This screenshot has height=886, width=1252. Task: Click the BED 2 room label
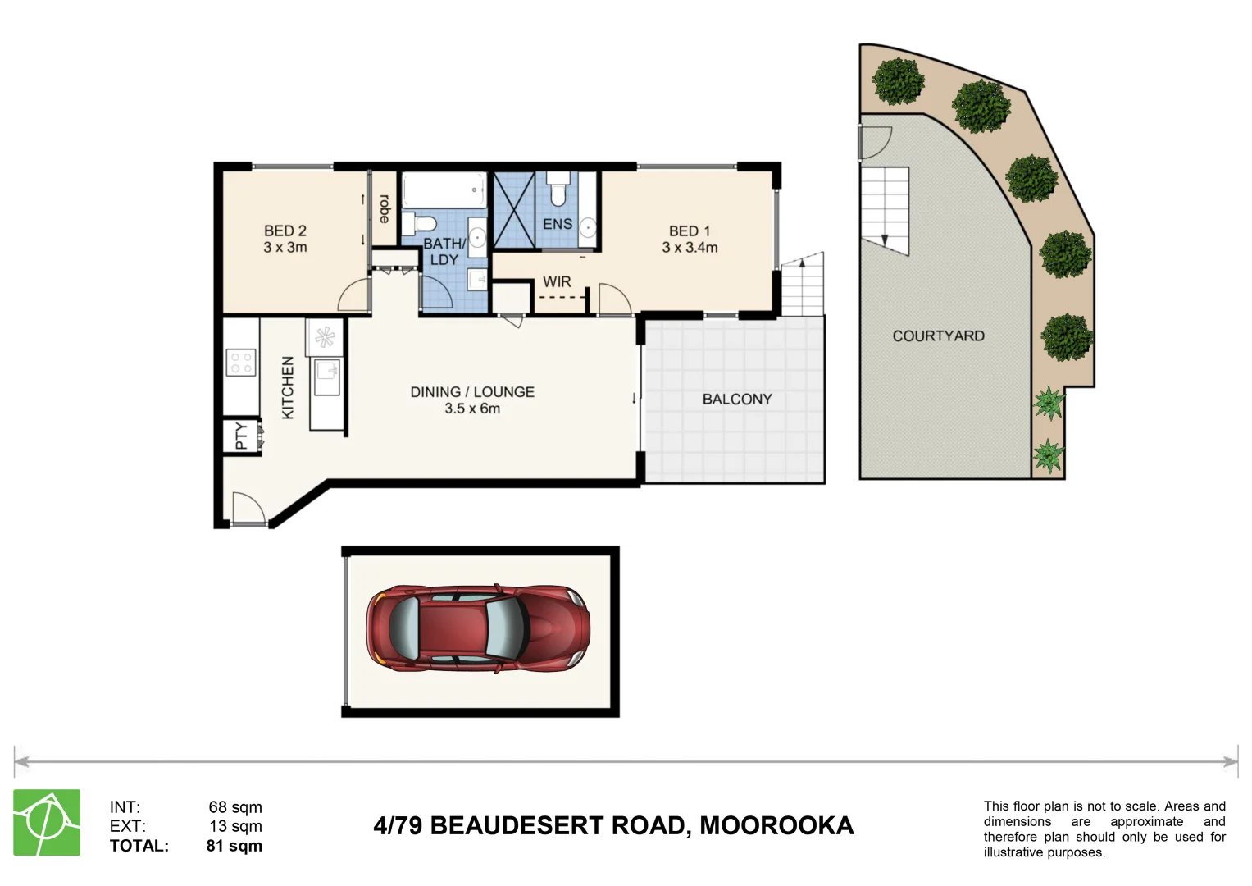(285, 231)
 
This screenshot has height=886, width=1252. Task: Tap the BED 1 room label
(690, 231)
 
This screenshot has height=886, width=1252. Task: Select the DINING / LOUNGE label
(472, 392)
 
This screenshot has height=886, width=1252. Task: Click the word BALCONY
(737, 400)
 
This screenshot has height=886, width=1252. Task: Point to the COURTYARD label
(938, 336)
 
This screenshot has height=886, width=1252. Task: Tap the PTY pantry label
(241, 436)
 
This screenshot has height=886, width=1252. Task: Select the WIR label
(557, 282)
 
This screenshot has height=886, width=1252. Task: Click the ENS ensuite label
(558, 224)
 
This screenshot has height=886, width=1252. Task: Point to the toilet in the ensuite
(558, 189)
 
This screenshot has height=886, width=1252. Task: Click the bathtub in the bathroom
(444, 191)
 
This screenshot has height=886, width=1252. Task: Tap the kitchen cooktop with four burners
(241, 363)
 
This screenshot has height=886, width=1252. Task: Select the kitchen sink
(326, 377)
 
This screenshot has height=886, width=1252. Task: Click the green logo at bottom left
(47, 823)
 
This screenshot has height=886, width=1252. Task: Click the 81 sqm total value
(234, 846)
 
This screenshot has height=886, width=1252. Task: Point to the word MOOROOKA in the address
(776, 825)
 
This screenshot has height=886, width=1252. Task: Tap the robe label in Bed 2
(384, 208)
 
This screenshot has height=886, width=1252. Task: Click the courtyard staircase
(885, 209)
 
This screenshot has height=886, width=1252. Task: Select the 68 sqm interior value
(235, 807)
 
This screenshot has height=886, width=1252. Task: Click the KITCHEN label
(288, 387)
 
